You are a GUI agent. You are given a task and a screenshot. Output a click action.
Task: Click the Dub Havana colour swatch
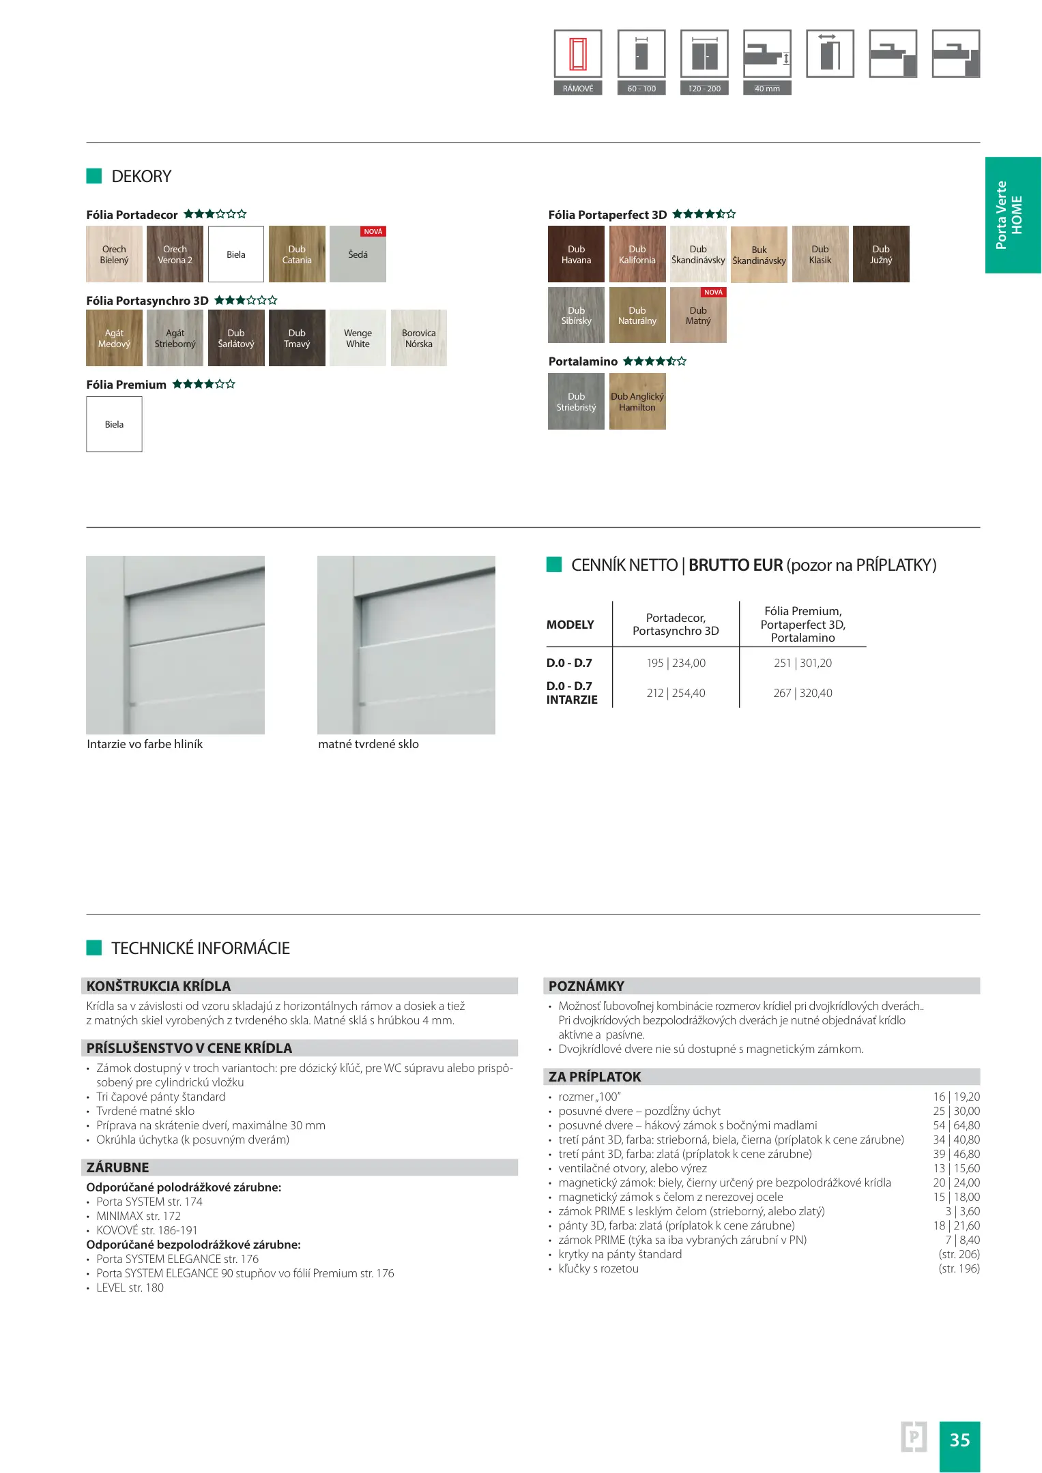576,254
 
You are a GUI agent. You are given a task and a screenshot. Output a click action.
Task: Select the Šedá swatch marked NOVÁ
358,254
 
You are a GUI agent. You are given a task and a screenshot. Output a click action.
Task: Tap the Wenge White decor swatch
358,338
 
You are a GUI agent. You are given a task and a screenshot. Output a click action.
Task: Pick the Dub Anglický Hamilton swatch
637,402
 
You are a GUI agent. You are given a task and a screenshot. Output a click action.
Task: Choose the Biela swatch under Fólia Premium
114,424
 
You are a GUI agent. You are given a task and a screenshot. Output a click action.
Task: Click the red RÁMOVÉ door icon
578,54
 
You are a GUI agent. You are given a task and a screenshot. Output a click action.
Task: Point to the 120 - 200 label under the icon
704,89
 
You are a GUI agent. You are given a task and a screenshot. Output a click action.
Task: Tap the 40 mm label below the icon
767,89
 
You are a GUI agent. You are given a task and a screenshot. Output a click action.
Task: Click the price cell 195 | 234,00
676,663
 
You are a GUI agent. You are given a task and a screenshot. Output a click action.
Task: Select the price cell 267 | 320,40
802,693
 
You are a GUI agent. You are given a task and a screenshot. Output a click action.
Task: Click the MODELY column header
570,625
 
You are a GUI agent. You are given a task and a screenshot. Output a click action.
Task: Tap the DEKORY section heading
141,177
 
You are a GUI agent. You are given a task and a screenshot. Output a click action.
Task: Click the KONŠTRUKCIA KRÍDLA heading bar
299,986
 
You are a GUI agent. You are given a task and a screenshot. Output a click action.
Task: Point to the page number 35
959,1440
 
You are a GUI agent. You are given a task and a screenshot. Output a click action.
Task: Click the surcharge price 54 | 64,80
956,1125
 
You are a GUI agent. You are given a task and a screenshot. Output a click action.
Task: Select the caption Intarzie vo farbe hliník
145,744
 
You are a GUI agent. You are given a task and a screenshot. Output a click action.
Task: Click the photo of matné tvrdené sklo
406,644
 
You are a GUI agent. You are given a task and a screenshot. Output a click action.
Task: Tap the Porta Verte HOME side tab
1012,215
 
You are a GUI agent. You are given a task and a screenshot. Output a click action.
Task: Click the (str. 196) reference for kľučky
959,1268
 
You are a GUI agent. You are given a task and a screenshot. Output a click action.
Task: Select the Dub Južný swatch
880,254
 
